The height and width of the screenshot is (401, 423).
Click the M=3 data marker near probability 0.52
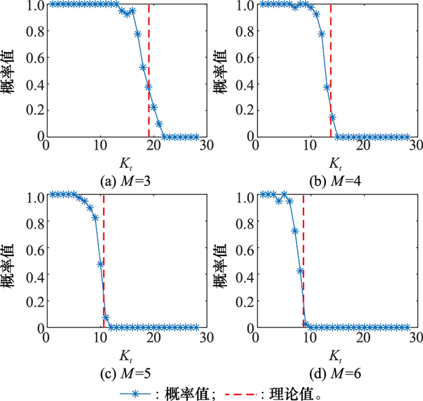pos(143,67)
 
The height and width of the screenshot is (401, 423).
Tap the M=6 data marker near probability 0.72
pos(294,231)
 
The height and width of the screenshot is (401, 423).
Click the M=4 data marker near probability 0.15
pos(332,117)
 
